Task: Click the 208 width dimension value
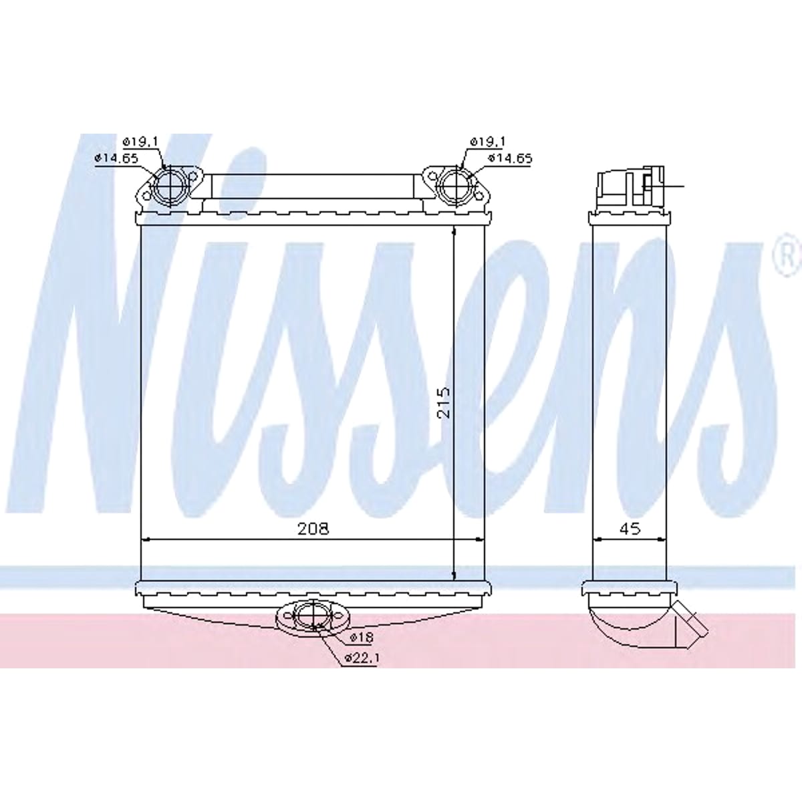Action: click(x=313, y=529)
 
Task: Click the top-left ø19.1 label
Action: click(x=140, y=142)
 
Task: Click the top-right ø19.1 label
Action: click(x=487, y=142)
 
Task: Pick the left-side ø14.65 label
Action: click(x=116, y=158)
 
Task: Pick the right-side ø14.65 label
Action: click(x=510, y=158)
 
